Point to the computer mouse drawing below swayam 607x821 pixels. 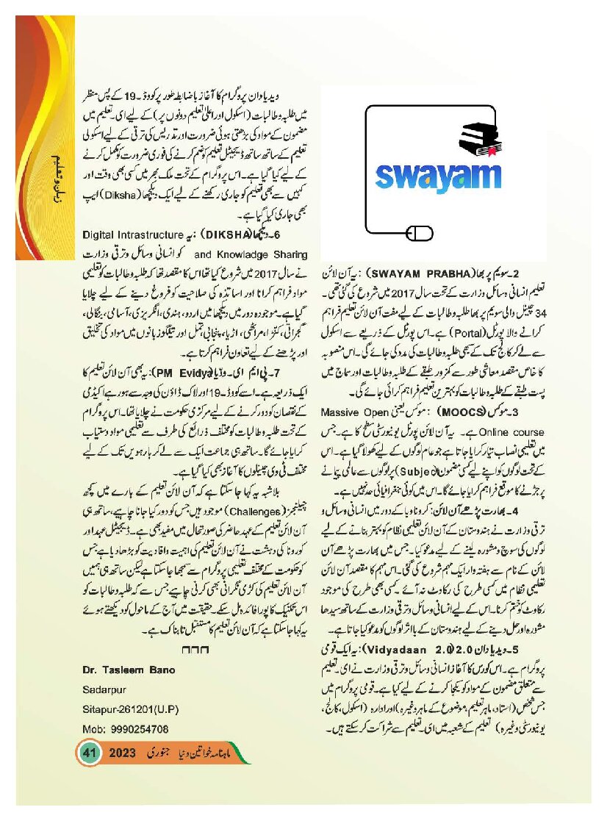[417, 234]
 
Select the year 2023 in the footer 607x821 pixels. [126, 754]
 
